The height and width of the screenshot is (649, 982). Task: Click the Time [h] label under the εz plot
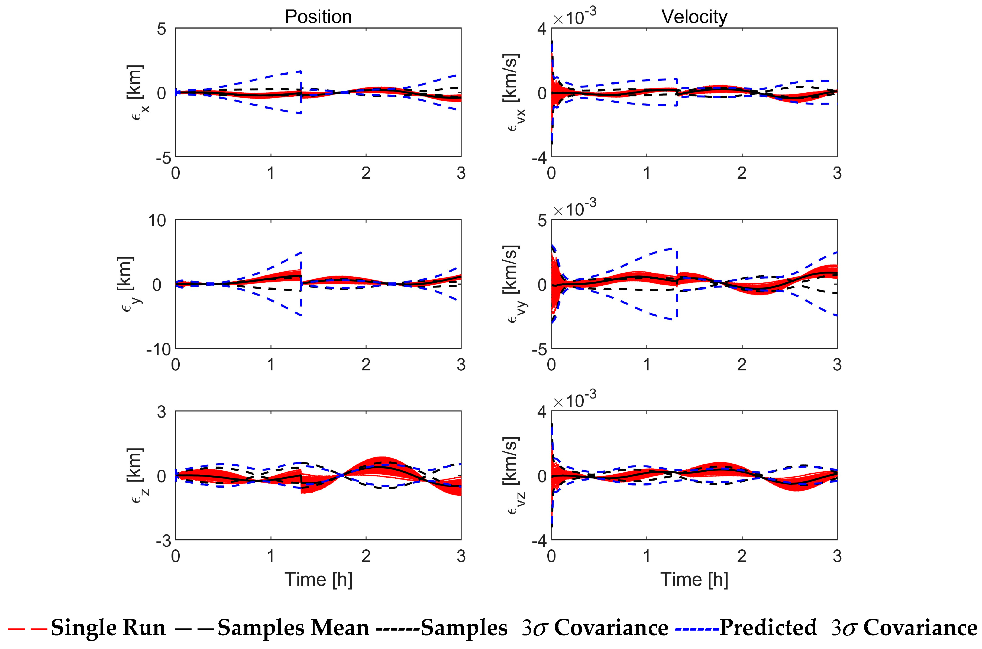coord(318,579)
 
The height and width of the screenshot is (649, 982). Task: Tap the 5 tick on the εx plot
coord(161,29)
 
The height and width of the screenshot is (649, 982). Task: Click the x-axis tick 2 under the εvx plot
coord(741,173)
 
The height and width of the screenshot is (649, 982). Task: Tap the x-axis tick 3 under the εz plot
coord(461,556)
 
